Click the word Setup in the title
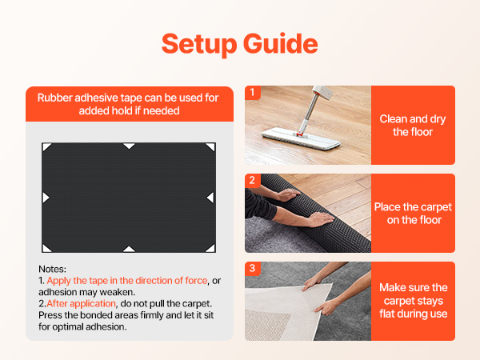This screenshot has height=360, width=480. [199, 44]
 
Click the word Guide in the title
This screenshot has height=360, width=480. [281, 43]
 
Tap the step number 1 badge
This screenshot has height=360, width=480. [253, 92]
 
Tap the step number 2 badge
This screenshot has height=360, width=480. [253, 180]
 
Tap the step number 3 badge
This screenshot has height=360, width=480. [253, 268]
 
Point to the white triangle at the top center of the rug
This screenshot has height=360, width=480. [129, 146]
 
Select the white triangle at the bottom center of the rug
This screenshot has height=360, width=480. [129, 249]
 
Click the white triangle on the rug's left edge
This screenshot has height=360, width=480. [46, 198]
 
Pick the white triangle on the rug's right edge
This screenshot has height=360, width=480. [211, 198]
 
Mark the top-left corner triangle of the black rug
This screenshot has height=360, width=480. [46, 146]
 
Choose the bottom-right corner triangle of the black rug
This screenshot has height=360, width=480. [211, 249]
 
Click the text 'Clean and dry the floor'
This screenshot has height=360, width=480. [413, 126]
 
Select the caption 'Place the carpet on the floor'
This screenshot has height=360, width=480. [414, 214]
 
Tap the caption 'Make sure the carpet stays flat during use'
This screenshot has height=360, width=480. [414, 301]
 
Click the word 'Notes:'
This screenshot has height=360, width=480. [52, 269]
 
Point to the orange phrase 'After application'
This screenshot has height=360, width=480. [81, 304]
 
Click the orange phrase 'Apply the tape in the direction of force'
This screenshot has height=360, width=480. [127, 281]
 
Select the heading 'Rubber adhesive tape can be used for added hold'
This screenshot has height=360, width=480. [128, 104]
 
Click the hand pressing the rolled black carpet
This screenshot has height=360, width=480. [320, 219]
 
